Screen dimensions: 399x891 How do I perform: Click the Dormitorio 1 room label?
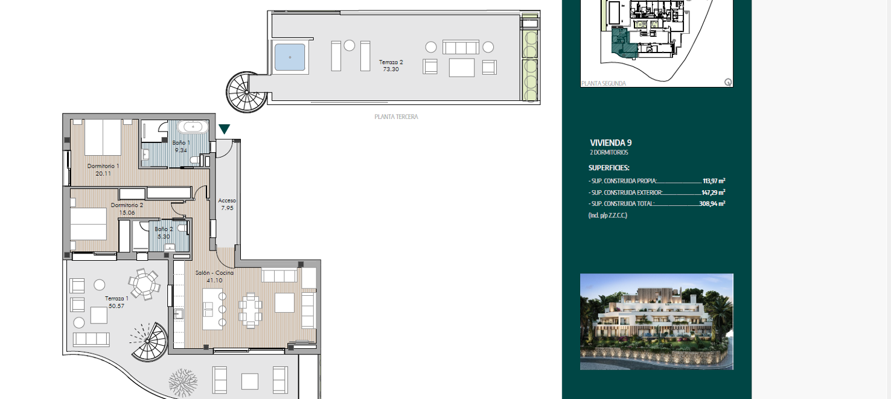click(103, 166)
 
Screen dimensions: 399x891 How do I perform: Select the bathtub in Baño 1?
click(193, 127)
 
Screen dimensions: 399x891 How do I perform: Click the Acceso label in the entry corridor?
click(227, 200)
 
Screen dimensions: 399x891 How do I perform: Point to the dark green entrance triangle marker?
click(224, 129)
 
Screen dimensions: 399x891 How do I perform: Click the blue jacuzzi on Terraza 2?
click(290, 57)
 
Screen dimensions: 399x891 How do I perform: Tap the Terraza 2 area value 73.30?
click(391, 69)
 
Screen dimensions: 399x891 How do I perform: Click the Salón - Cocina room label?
click(214, 273)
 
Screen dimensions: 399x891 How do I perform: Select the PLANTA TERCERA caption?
click(396, 117)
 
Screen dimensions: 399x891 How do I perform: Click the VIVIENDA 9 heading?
click(611, 143)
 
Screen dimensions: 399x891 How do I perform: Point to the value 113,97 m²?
click(714, 180)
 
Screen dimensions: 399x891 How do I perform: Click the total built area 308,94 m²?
click(714, 204)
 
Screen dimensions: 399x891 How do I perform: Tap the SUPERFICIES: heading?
click(608, 168)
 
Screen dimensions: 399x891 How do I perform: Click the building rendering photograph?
click(656, 322)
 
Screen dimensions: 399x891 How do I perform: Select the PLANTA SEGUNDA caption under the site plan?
click(603, 84)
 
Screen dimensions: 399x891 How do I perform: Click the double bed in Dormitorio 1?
click(103, 137)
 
